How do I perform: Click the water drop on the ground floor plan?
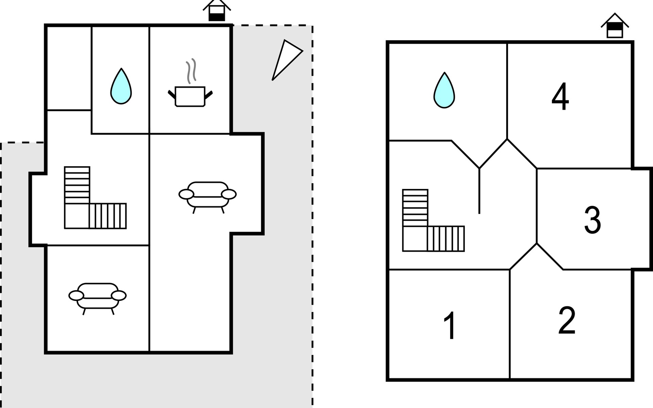121,87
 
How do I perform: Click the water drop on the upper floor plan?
444,91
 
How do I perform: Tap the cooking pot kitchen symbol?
190,96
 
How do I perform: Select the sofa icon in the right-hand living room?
207,195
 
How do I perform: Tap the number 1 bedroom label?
450,325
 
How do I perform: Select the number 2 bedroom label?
567,320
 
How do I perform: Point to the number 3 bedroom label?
592,220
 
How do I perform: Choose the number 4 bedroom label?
560,97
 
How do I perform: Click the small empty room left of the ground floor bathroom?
69,68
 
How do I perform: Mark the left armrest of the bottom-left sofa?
76,296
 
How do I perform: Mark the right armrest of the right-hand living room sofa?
229,194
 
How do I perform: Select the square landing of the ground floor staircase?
77,216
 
